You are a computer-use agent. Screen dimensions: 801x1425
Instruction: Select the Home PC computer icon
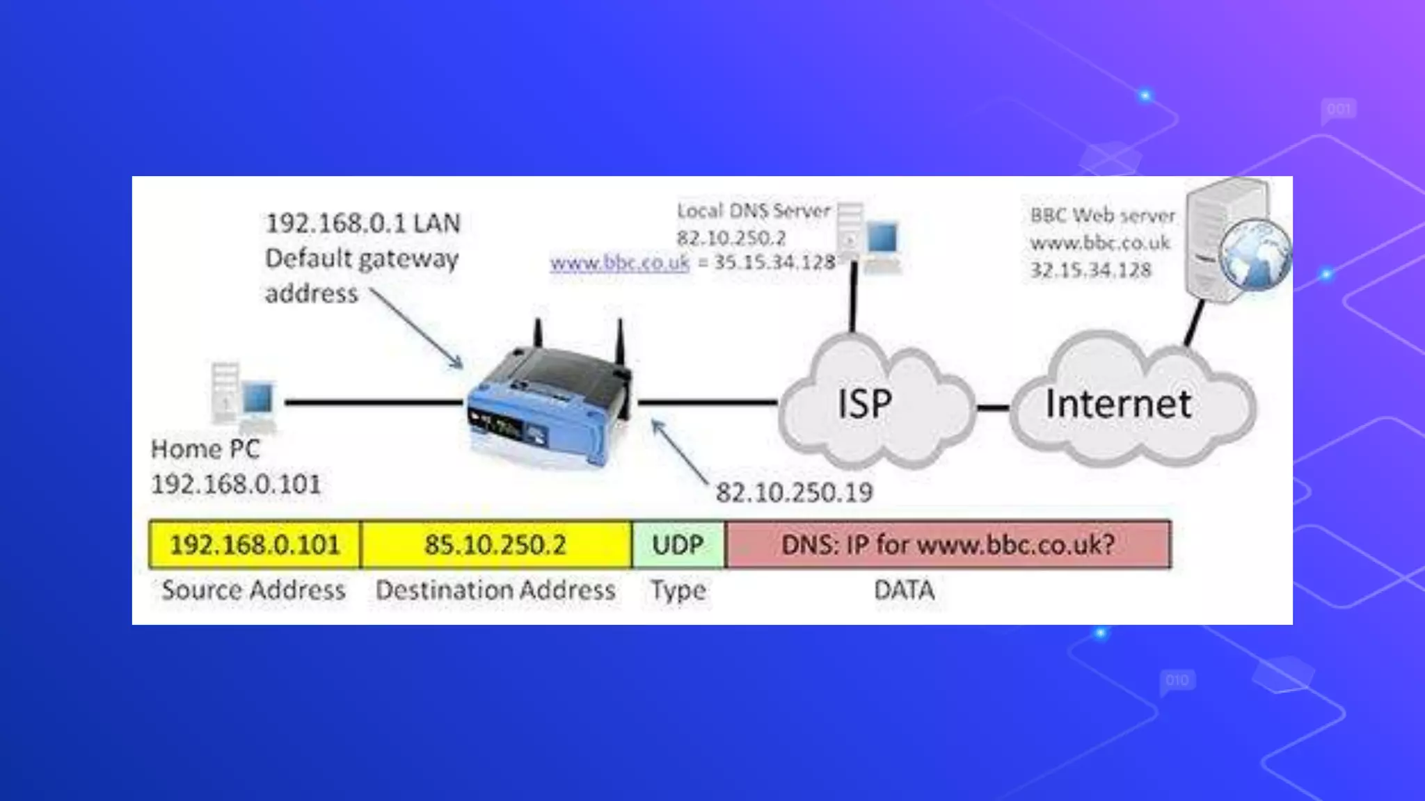click(243, 395)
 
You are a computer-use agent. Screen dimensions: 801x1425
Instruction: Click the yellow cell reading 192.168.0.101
click(255, 544)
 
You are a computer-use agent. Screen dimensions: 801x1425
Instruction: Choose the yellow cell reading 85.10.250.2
click(495, 544)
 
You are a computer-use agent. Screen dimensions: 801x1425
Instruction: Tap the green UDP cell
click(678, 544)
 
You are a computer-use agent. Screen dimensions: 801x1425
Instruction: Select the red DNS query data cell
click(948, 544)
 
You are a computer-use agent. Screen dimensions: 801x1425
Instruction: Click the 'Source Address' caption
click(253, 590)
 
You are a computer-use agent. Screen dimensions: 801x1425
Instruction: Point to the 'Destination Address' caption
click(495, 590)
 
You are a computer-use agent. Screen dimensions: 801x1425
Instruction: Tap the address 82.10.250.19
click(794, 493)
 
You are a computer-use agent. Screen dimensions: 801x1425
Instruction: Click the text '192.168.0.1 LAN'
click(363, 223)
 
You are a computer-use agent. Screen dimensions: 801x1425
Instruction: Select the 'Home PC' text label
click(205, 449)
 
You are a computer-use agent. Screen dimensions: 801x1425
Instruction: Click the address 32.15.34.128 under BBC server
click(1090, 270)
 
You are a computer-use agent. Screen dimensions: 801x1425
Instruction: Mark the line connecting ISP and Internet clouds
click(993, 407)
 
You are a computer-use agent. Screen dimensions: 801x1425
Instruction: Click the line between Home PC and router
click(373, 402)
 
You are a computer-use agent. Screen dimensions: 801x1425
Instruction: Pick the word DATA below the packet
click(904, 590)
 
